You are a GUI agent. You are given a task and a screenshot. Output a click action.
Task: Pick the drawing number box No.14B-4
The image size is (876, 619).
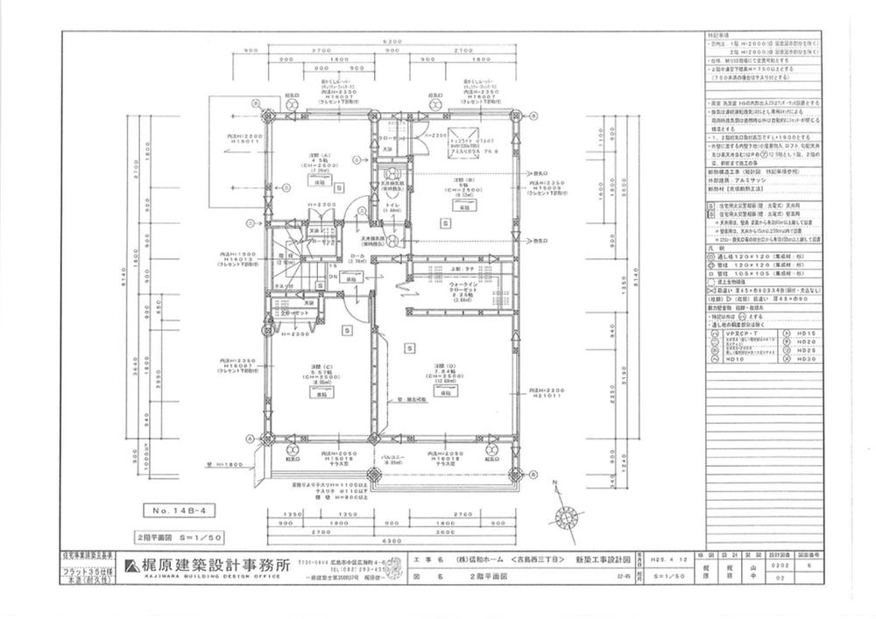[171, 509]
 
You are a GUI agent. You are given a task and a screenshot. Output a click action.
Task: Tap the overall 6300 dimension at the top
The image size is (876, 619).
[392, 41]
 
